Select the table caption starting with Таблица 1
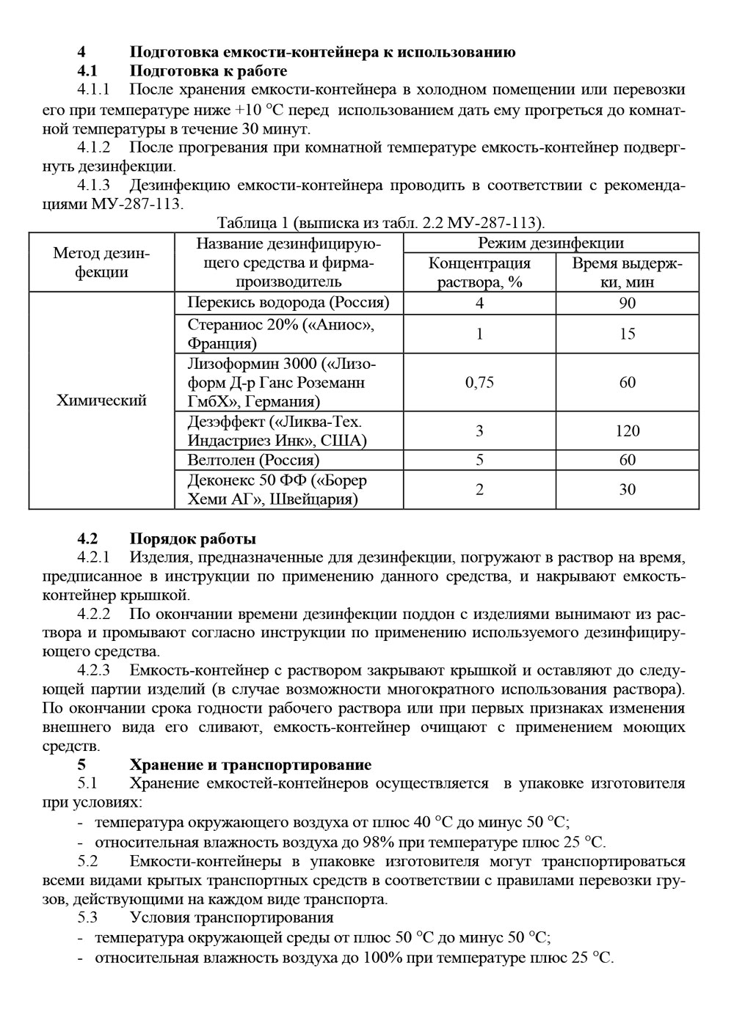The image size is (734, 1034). click(x=380, y=222)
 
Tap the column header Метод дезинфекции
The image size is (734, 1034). click(x=101, y=263)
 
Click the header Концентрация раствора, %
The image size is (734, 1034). click(x=479, y=272)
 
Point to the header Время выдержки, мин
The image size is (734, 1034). click(x=627, y=272)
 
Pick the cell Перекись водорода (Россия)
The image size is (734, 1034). click(x=288, y=302)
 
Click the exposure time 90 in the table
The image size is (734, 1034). click(x=627, y=302)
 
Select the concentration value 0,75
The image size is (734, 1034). click(x=479, y=382)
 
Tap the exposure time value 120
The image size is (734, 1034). click(x=627, y=430)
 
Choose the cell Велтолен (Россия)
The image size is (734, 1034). click(x=253, y=460)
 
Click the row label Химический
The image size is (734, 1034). click(x=101, y=400)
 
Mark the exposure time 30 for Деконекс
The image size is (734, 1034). click(x=627, y=489)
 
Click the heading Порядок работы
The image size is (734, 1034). click(x=192, y=540)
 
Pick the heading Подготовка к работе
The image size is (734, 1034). click(x=208, y=71)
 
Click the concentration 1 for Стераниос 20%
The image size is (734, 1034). click(x=479, y=334)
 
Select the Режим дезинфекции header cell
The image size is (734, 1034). click(x=550, y=243)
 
